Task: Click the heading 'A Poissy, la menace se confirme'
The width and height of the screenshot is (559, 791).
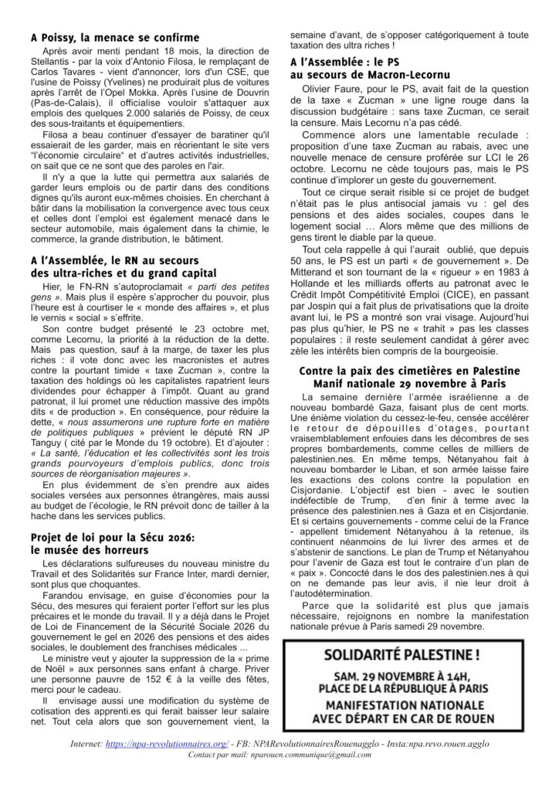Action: coord(115,37)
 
